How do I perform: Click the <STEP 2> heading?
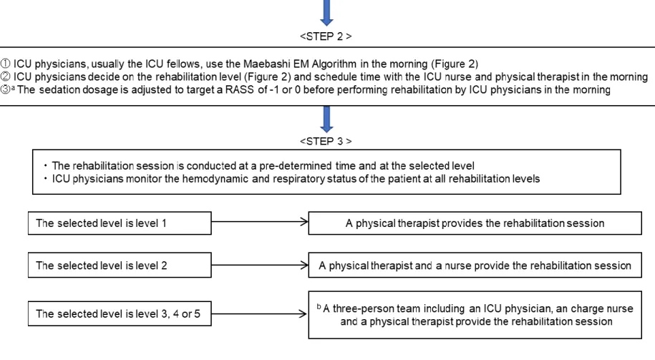(x=326, y=37)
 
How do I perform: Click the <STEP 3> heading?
(x=326, y=141)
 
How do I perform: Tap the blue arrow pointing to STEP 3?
(x=326, y=119)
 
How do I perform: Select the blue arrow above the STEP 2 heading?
(x=326, y=13)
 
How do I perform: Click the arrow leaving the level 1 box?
(x=260, y=222)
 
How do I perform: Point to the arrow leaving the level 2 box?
(x=260, y=265)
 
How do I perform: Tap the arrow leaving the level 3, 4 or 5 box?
(x=259, y=313)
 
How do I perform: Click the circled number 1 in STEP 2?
(x=6, y=64)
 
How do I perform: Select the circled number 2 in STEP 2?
(x=6, y=77)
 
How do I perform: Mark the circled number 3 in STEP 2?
(x=6, y=89)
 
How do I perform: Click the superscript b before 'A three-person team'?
(x=319, y=306)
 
